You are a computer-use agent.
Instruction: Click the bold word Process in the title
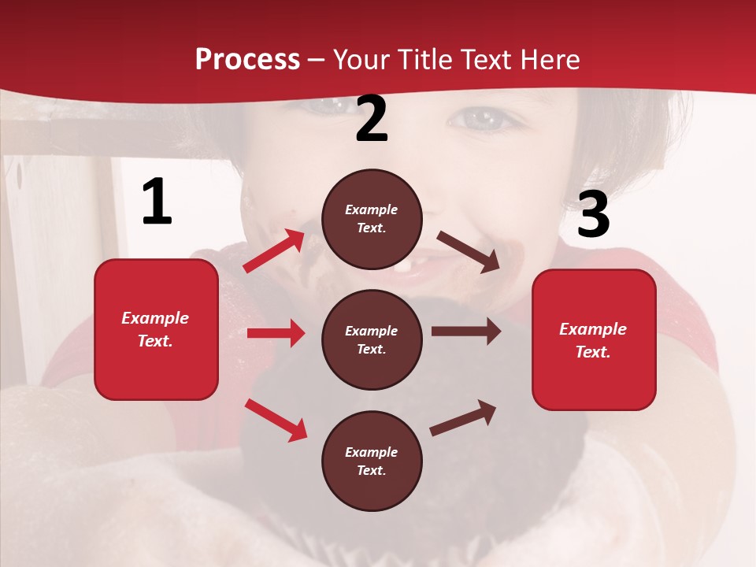coord(247,60)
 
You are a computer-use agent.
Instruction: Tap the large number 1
coord(157,202)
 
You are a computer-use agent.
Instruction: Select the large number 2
coord(372,118)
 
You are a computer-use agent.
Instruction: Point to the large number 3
coord(593,214)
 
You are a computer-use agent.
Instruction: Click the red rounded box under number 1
coord(156,329)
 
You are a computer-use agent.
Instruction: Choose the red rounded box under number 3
coord(594,339)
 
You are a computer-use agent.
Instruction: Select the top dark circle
coord(372,219)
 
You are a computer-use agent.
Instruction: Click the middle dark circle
coord(372,339)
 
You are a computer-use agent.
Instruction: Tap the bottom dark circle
coord(372,461)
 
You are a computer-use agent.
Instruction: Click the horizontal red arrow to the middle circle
coord(276,333)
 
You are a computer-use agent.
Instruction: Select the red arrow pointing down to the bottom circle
coord(276,420)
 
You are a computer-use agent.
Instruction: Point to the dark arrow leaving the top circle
coord(469,252)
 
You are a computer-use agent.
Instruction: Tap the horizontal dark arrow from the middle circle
coord(466,332)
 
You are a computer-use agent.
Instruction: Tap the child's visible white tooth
coord(402,266)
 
